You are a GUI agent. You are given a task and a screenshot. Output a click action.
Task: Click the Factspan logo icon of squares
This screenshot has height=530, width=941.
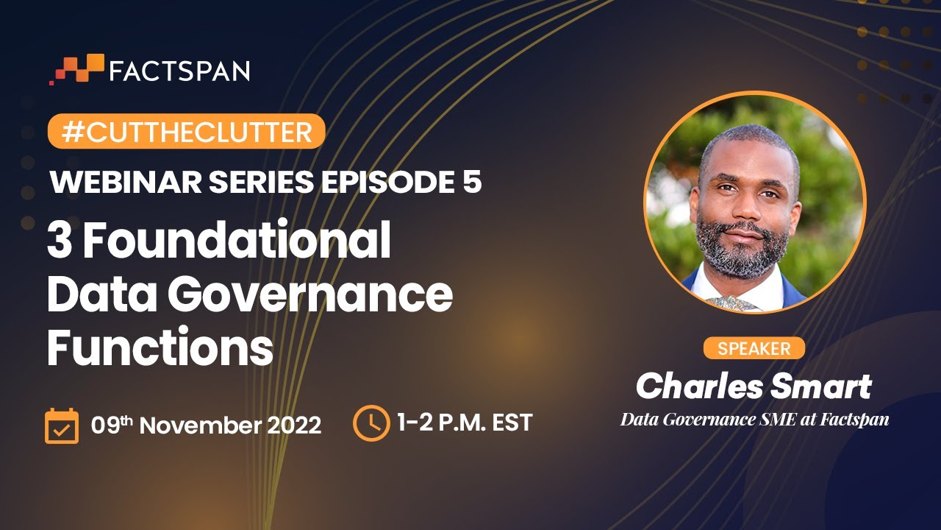(x=76, y=69)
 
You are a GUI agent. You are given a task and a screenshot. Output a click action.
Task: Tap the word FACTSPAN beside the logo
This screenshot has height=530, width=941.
(x=179, y=71)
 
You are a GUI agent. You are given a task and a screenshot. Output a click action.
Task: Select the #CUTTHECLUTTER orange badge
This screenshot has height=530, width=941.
(x=187, y=131)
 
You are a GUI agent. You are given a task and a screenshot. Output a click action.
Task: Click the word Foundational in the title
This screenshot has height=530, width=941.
(x=237, y=240)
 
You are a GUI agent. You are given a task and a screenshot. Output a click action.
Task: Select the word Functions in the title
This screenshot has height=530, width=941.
(x=160, y=347)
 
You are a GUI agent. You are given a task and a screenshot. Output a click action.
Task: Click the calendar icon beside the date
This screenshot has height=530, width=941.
(x=62, y=425)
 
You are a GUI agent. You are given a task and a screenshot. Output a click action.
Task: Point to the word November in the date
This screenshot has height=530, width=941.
(x=201, y=425)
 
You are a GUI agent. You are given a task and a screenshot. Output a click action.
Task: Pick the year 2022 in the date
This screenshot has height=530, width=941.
(x=295, y=425)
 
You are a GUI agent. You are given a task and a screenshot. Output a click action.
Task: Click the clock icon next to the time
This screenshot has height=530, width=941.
(x=371, y=423)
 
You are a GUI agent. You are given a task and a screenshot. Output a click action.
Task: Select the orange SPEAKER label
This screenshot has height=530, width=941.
(x=754, y=348)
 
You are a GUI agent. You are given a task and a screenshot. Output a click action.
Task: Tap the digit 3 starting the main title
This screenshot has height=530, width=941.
(x=60, y=241)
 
